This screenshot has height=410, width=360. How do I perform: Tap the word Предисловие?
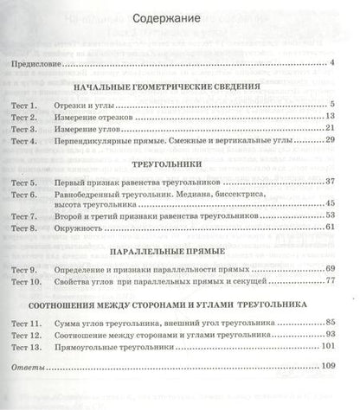(36, 65)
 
